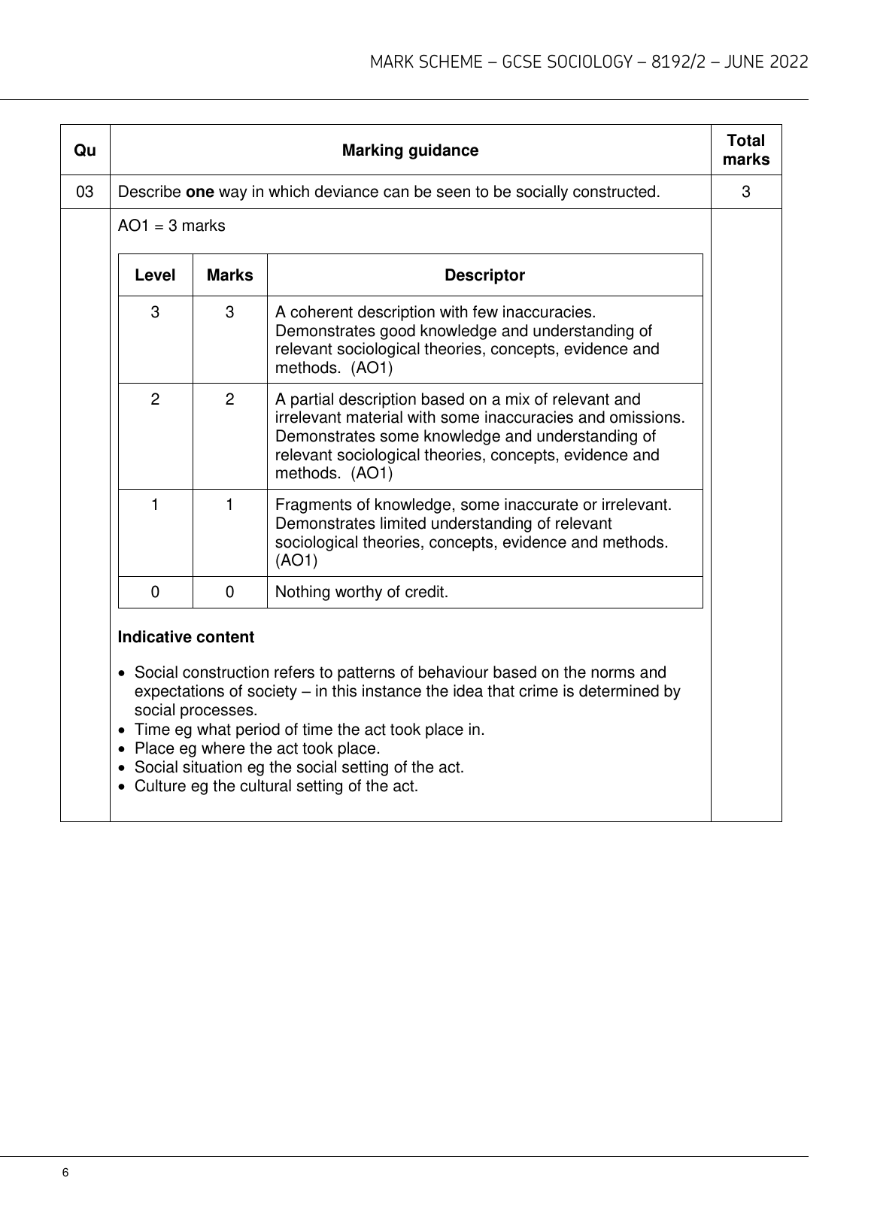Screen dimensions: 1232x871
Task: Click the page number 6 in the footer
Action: coord(65,1173)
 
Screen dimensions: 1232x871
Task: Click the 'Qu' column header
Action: coord(85,150)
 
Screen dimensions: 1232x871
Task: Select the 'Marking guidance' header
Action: coord(410,150)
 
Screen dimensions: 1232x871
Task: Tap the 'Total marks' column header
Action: coord(745,150)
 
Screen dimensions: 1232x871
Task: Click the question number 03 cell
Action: coord(85,192)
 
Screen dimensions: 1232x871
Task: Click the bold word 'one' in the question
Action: coord(200,192)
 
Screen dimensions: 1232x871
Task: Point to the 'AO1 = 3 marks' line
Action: coord(171,226)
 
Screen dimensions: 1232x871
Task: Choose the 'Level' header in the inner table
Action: coord(155,275)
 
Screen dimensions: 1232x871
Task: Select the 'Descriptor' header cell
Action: coord(484,275)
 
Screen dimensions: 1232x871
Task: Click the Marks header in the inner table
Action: coord(229,275)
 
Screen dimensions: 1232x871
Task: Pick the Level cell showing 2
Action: coord(155,399)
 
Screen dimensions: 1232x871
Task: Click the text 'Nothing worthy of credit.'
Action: coord(362,592)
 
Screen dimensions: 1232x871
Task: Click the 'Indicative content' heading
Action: coord(186,637)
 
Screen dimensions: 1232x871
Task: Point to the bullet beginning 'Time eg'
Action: coord(309,730)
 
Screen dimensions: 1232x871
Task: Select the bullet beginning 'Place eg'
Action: coord(257,748)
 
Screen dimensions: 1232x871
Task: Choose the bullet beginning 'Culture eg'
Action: coord(276,787)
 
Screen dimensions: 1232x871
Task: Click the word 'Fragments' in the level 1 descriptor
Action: coord(309,505)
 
